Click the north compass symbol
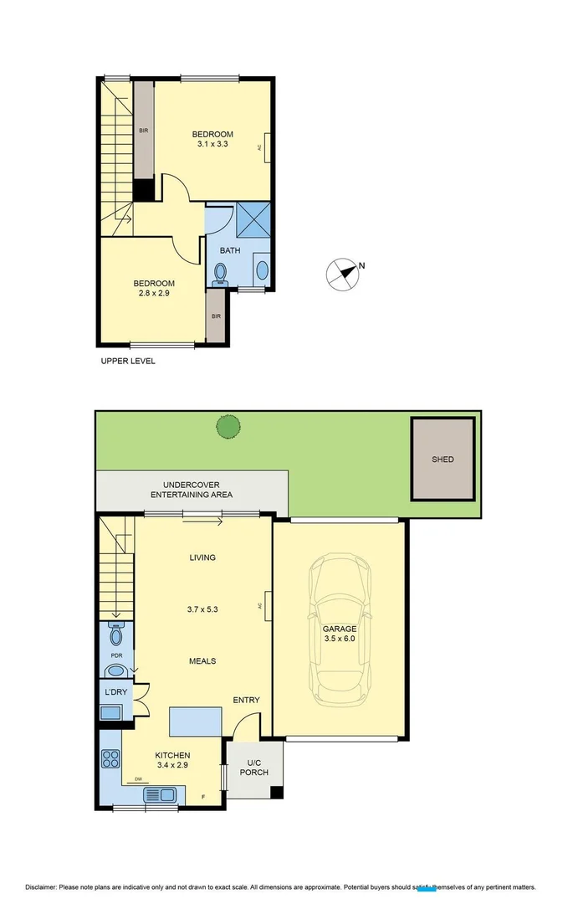340,274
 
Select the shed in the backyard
443,458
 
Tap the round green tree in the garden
228,427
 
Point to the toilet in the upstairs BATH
221,274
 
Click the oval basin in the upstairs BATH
262,270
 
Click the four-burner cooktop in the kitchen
110,759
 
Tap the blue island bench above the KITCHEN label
196,721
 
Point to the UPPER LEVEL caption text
128,362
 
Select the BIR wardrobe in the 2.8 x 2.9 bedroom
216,315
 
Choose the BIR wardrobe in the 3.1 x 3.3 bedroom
144,130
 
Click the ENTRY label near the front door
246,701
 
